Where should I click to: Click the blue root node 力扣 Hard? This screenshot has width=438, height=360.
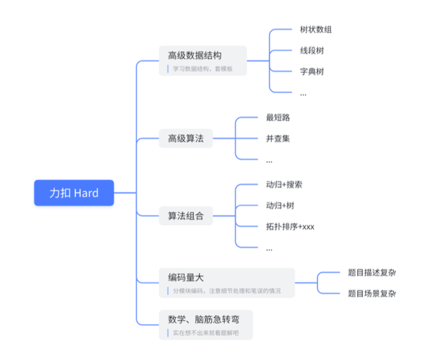pos(74,193)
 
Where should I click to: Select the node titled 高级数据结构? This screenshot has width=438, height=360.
pos(195,55)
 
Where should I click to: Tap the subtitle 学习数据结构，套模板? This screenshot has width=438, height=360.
pos(203,68)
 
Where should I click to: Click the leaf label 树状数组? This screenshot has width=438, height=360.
pos(316,29)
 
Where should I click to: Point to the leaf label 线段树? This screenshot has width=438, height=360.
pos(312,51)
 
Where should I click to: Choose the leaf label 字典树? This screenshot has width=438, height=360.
pos(312,72)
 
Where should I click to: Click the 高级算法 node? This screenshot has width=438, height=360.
pos(186,138)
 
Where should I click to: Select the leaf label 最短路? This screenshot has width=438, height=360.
pos(278,117)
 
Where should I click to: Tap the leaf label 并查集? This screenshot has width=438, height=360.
pos(278,138)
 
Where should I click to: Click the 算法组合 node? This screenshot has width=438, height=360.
pos(186,217)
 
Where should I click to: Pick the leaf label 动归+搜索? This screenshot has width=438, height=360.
pos(284,185)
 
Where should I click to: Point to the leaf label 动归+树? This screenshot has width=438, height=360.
pos(280,206)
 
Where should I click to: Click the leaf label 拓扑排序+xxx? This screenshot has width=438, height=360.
pos(290,227)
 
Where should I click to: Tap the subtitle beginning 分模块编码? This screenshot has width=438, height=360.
pos(227,291)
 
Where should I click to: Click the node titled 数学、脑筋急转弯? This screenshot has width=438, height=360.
pos(203,320)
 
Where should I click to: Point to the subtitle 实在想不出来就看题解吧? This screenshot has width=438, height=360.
pos(205,333)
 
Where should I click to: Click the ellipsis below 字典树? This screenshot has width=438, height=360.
pos(303,93)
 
